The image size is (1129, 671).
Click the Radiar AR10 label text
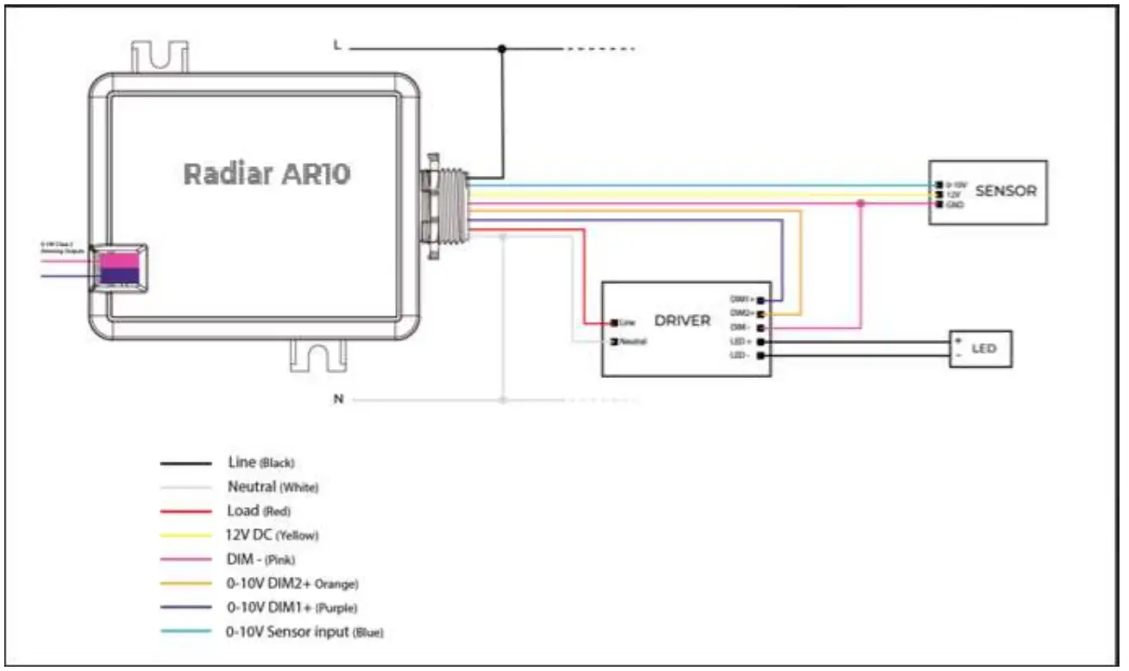coord(267,174)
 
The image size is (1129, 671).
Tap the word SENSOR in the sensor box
coord(1006,191)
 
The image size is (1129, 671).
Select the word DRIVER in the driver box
coord(682,321)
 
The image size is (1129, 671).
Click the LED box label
coord(984,348)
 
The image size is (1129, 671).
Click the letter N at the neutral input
coord(339,399)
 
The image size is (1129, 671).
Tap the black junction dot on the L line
coord(504,49)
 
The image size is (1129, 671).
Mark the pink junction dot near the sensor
coord(861,204)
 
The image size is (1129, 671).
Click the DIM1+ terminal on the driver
coord(761,300)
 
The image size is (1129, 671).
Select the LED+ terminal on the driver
coord(761,342)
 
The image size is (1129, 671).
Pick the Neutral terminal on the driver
coord(614,342)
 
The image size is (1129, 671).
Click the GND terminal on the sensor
coord(937,204)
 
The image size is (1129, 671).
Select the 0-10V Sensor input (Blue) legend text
coord(304,632)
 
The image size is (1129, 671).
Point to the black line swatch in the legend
coord(185,464)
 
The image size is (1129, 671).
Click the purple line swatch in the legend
coord(185,608)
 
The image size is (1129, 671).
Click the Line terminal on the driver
coord(614,323)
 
